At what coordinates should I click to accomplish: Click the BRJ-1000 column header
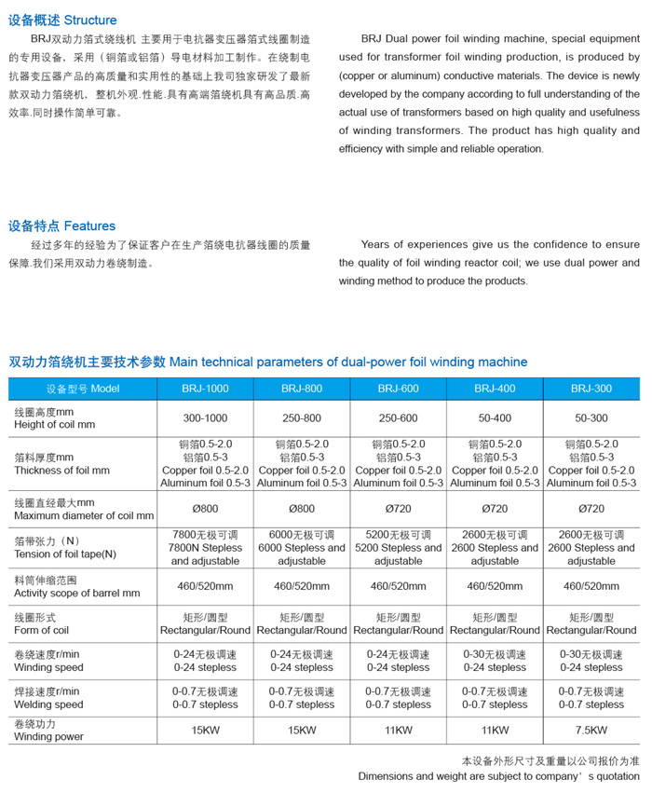(205, 389)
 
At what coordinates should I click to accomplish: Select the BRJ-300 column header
(591, 389)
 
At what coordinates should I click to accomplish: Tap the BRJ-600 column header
(398, 389)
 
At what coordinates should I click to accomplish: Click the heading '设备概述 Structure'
(62, 20)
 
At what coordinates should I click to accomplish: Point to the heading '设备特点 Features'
(62, 226)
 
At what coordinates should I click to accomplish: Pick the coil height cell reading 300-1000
(205, 418)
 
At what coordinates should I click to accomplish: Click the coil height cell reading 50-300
(591, 418)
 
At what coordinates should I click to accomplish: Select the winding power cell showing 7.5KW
(591, 731)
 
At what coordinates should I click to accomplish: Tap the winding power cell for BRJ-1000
(205, 731)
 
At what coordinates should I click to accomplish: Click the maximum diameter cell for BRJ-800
(302, 509)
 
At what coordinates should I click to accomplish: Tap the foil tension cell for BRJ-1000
(206, 548)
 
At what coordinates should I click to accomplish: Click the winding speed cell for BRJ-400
(494, 661)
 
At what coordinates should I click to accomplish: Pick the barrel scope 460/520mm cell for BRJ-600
(398, 586)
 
